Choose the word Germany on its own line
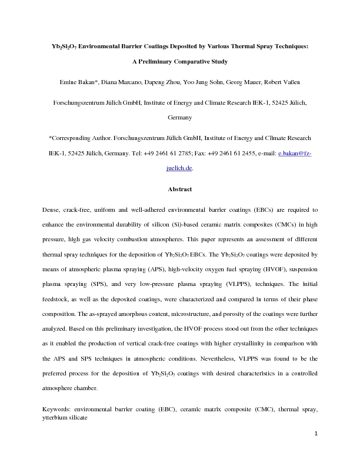coord(180,118)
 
